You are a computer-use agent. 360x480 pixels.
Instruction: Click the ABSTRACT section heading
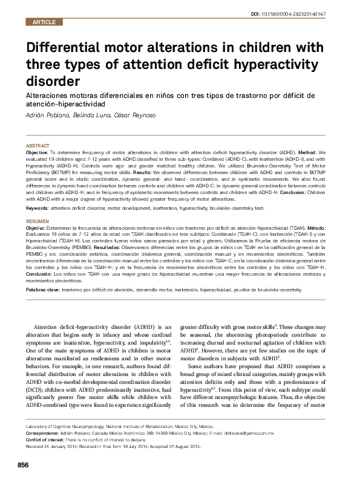[38, 146]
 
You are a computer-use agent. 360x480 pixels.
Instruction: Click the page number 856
[23, 464]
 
